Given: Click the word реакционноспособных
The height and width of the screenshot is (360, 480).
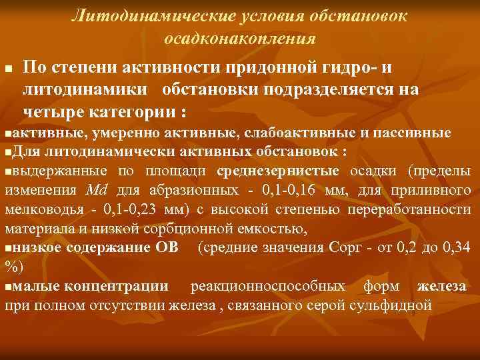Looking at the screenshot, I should click(x=267, y=287).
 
